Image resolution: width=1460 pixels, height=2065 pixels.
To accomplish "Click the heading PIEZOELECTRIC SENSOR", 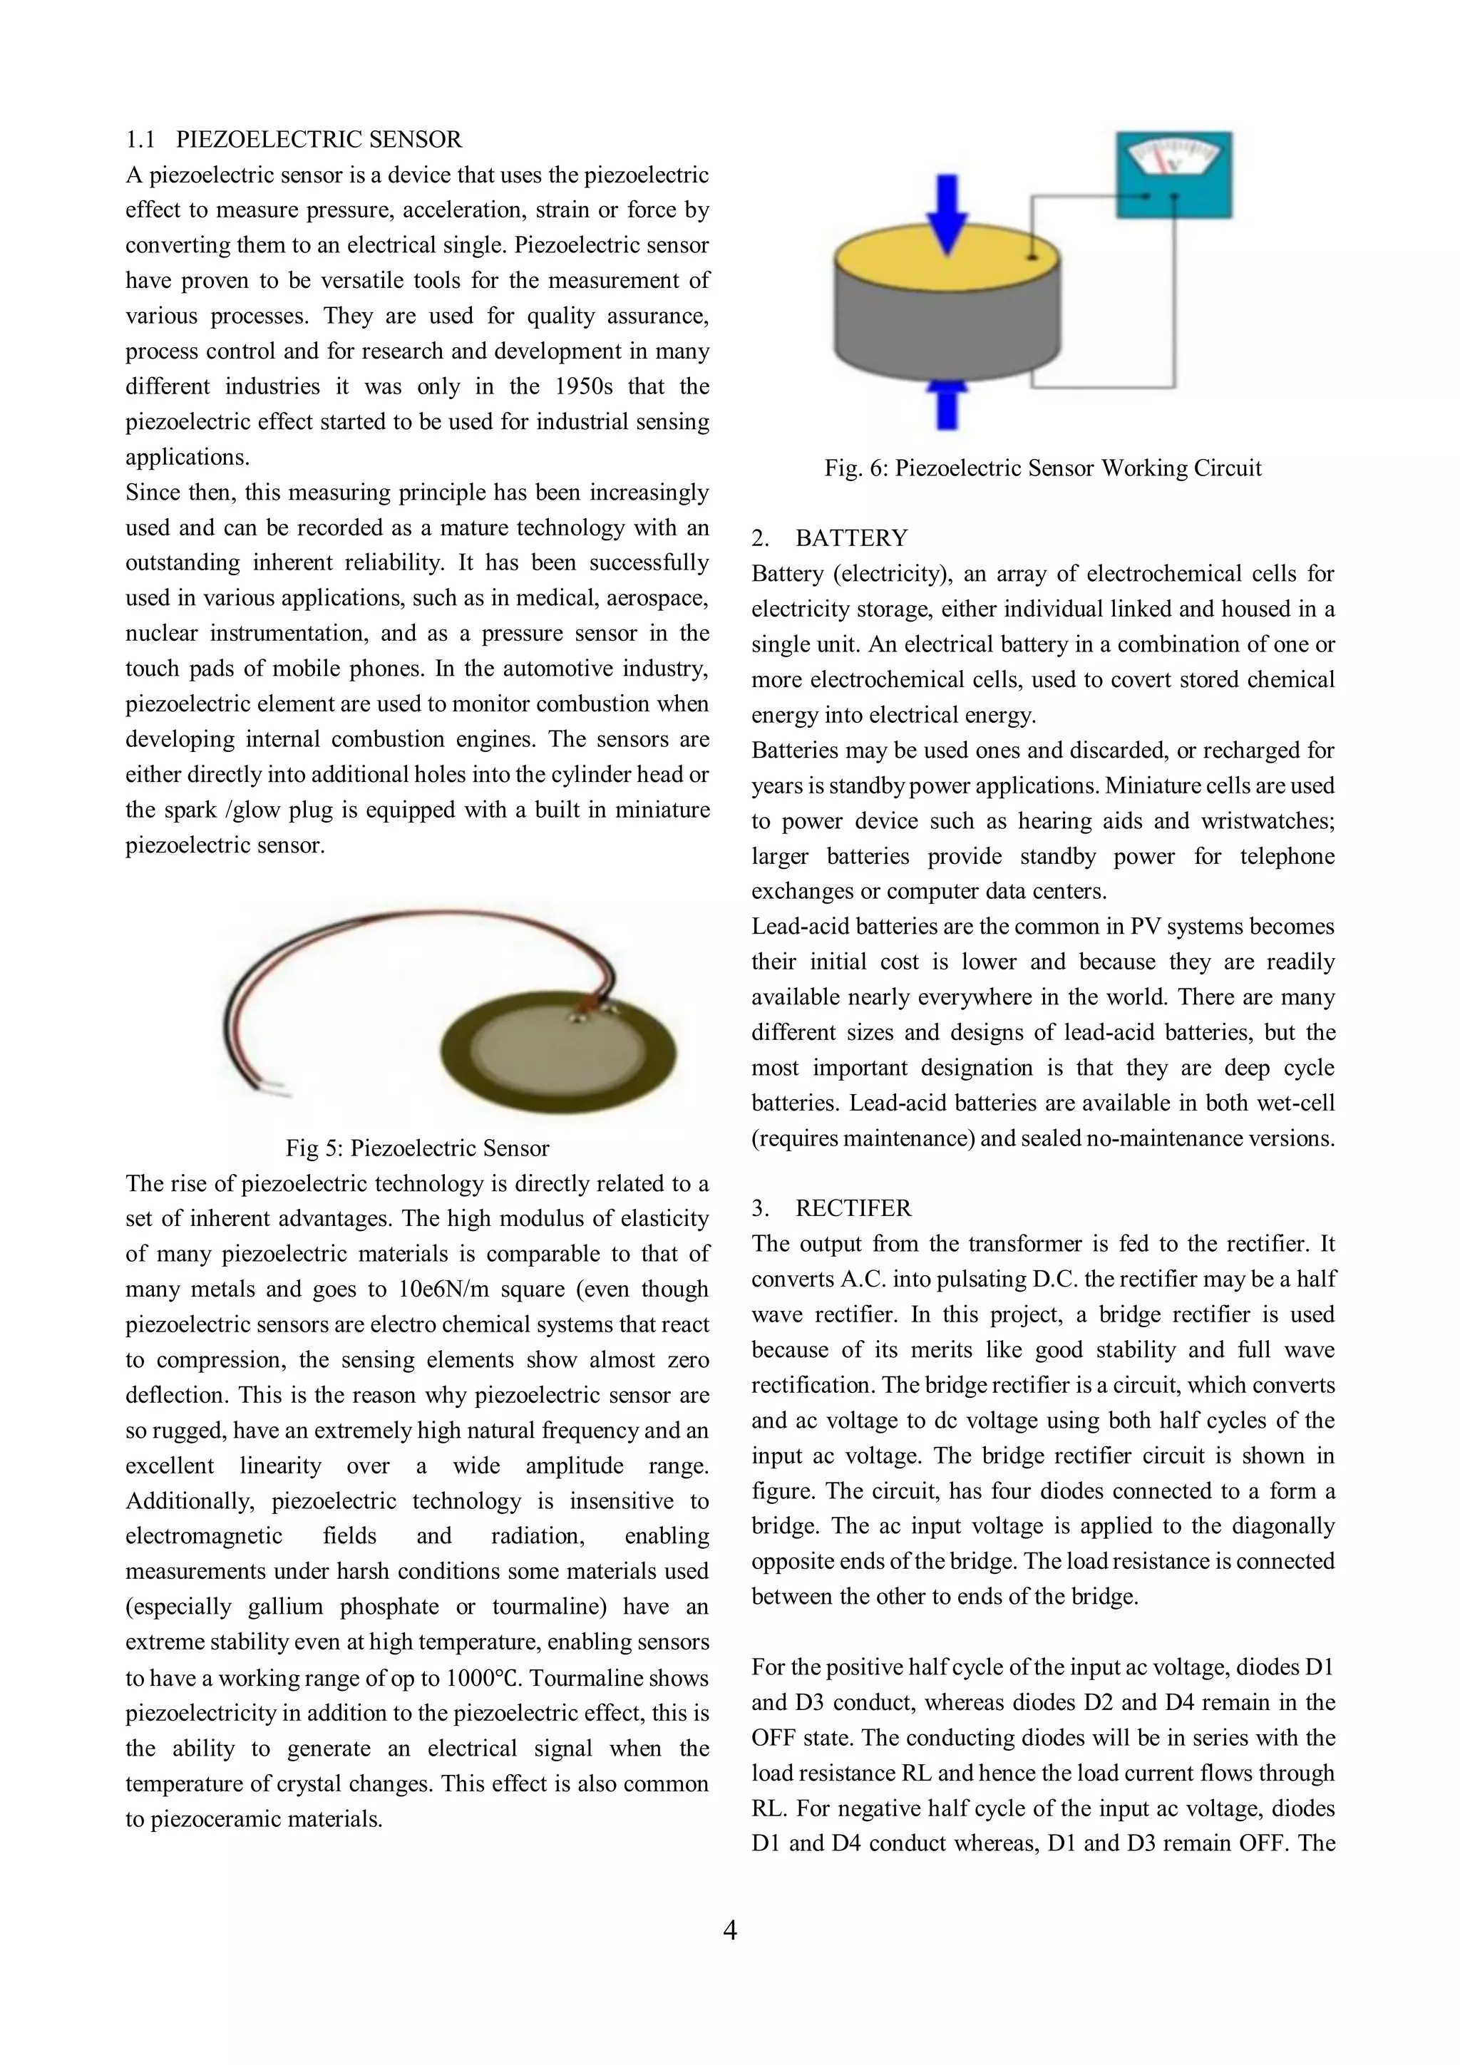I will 319,140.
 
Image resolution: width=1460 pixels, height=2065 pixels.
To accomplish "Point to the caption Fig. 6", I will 1042,468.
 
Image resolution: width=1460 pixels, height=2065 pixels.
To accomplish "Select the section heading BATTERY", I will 851,539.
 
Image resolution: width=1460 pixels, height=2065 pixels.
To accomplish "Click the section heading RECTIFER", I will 853,1208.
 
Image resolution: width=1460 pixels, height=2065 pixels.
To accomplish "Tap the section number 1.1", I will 140,140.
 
